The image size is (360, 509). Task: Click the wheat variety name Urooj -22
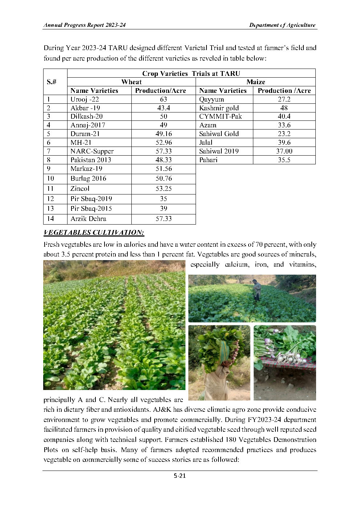(85, 99)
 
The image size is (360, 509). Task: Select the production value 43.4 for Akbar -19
(163, 108)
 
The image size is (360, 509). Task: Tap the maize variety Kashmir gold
(219, 108)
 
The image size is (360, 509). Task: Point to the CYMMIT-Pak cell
(220, 116)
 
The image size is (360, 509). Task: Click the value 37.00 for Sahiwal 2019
(284, 151)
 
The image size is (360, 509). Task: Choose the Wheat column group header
(131, 82)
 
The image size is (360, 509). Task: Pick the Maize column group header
(255, 82)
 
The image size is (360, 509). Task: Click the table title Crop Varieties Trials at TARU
(191, 73)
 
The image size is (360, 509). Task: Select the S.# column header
(52, 82)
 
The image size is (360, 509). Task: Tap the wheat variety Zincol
(80, 189)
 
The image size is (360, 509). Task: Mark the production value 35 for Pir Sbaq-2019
(163, 199)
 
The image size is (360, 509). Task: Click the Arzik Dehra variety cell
(88, 219)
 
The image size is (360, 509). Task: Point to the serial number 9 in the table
(49, 169)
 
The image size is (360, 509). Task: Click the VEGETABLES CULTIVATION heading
(94, 233)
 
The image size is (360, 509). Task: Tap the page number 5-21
(180, 476)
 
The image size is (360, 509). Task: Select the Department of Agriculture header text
(282, 25)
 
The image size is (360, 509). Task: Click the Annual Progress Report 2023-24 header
(85, 25)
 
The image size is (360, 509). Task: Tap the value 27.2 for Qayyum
(284, 99)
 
